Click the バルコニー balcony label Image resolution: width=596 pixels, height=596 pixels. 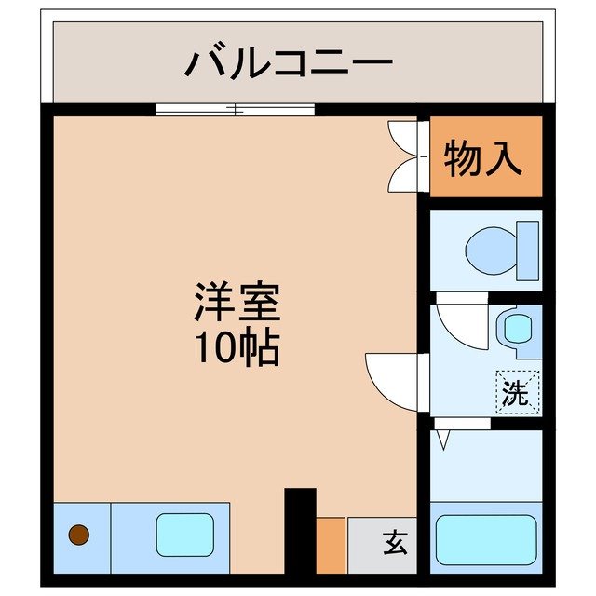coord(289,62)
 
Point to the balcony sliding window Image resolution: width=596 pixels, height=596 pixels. coord(236,110)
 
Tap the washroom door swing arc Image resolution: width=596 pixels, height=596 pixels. coord(459,322)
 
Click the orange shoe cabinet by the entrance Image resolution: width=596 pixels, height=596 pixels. coord(331,545)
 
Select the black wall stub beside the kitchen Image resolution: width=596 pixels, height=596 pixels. coord(300,531)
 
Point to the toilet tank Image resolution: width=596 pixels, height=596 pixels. coord(528,251)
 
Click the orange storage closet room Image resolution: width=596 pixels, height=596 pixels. coord(485,182)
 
